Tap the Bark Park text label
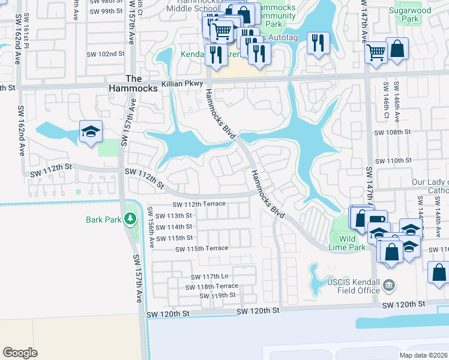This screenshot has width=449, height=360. coord(103,219)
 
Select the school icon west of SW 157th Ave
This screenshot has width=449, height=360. coord(91,132)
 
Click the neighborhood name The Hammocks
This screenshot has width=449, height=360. coord(141,83)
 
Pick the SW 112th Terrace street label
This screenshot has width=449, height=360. coord(200,204)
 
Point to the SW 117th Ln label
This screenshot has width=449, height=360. coord(211,277)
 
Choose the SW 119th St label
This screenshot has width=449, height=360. coord(217,295)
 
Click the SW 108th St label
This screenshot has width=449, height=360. coord(392,132)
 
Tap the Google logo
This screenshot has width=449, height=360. coord(20,353)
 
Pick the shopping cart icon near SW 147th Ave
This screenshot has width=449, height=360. coord(376,52)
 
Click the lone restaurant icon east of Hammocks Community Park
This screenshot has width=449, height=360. coord(318,43)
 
